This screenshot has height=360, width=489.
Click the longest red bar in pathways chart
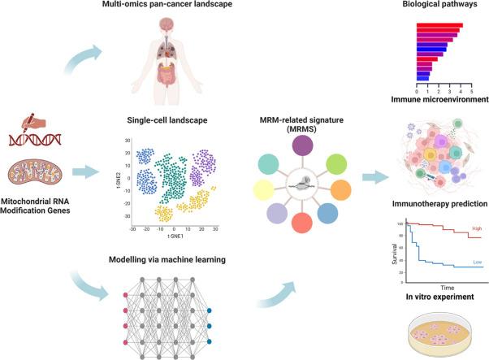pyautogui.click(x=439, y=25)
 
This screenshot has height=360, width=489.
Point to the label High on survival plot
pyautogui.click(x=475, y=229)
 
